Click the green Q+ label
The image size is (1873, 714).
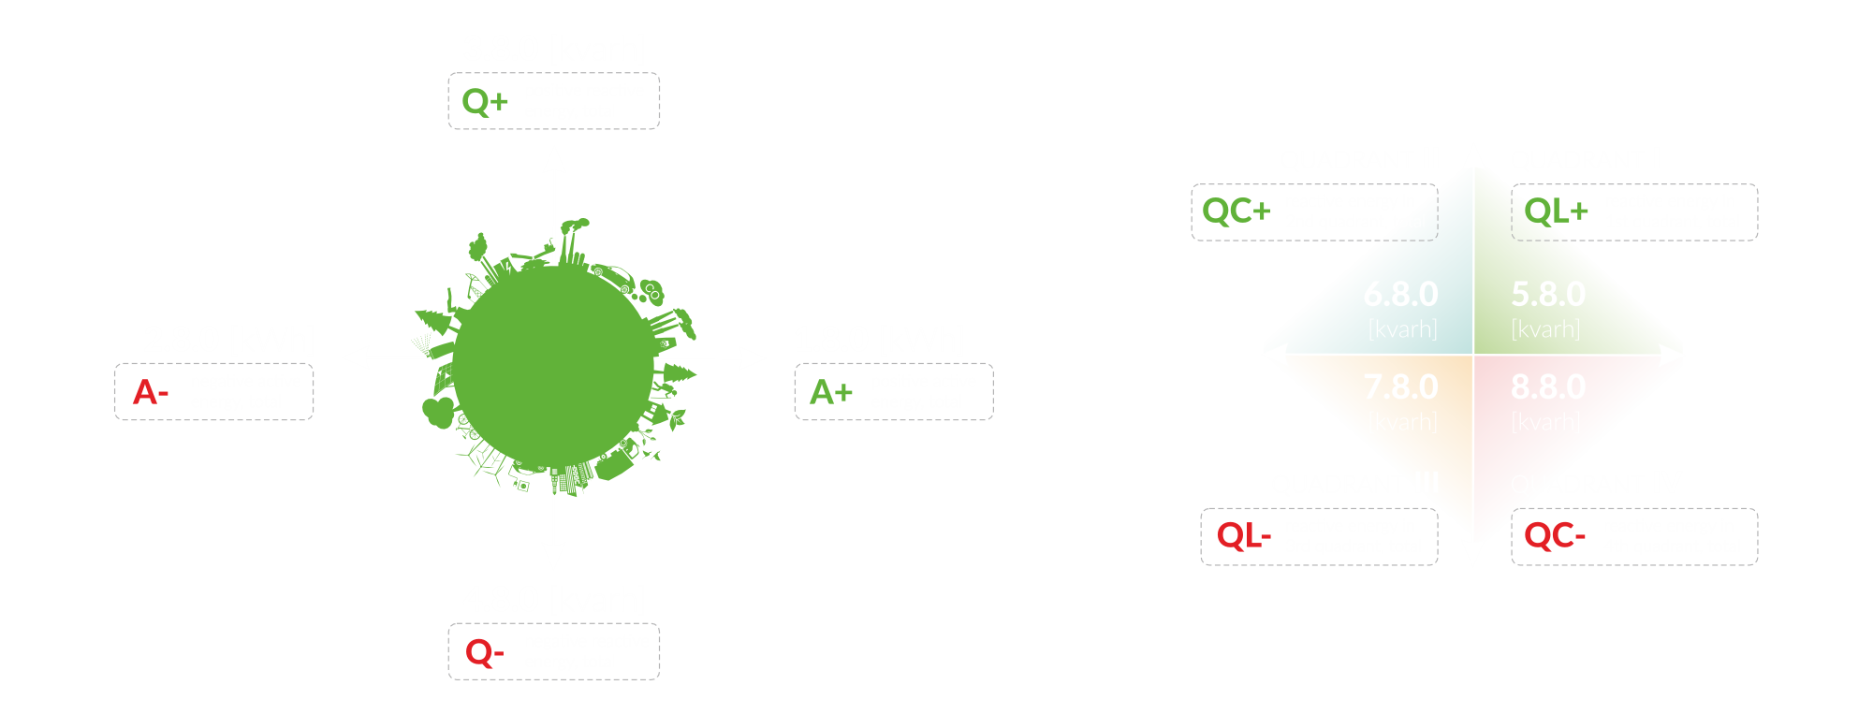tap(485, 101)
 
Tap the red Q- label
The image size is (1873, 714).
tap(484, 651)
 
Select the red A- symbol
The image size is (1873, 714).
tap(150, 391)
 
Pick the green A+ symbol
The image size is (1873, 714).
tap(831, 391)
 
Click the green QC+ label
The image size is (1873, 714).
tap(1236, 211)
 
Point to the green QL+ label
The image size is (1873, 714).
tap(1556, 211)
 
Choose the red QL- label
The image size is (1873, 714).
tap(1243, 536)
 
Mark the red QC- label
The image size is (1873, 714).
tap(1555, 536)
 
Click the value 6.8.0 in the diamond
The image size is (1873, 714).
tap(1400, 294)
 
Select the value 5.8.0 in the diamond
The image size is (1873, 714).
tap(1548, 294)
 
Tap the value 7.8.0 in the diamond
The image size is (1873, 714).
tap(1400, 386)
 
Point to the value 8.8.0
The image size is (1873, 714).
tap(1548, 386)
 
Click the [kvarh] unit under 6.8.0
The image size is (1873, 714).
tap(1402, 329)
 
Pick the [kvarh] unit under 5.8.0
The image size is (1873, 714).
tap(1545, 329)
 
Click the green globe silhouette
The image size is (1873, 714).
tap(552, 360)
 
